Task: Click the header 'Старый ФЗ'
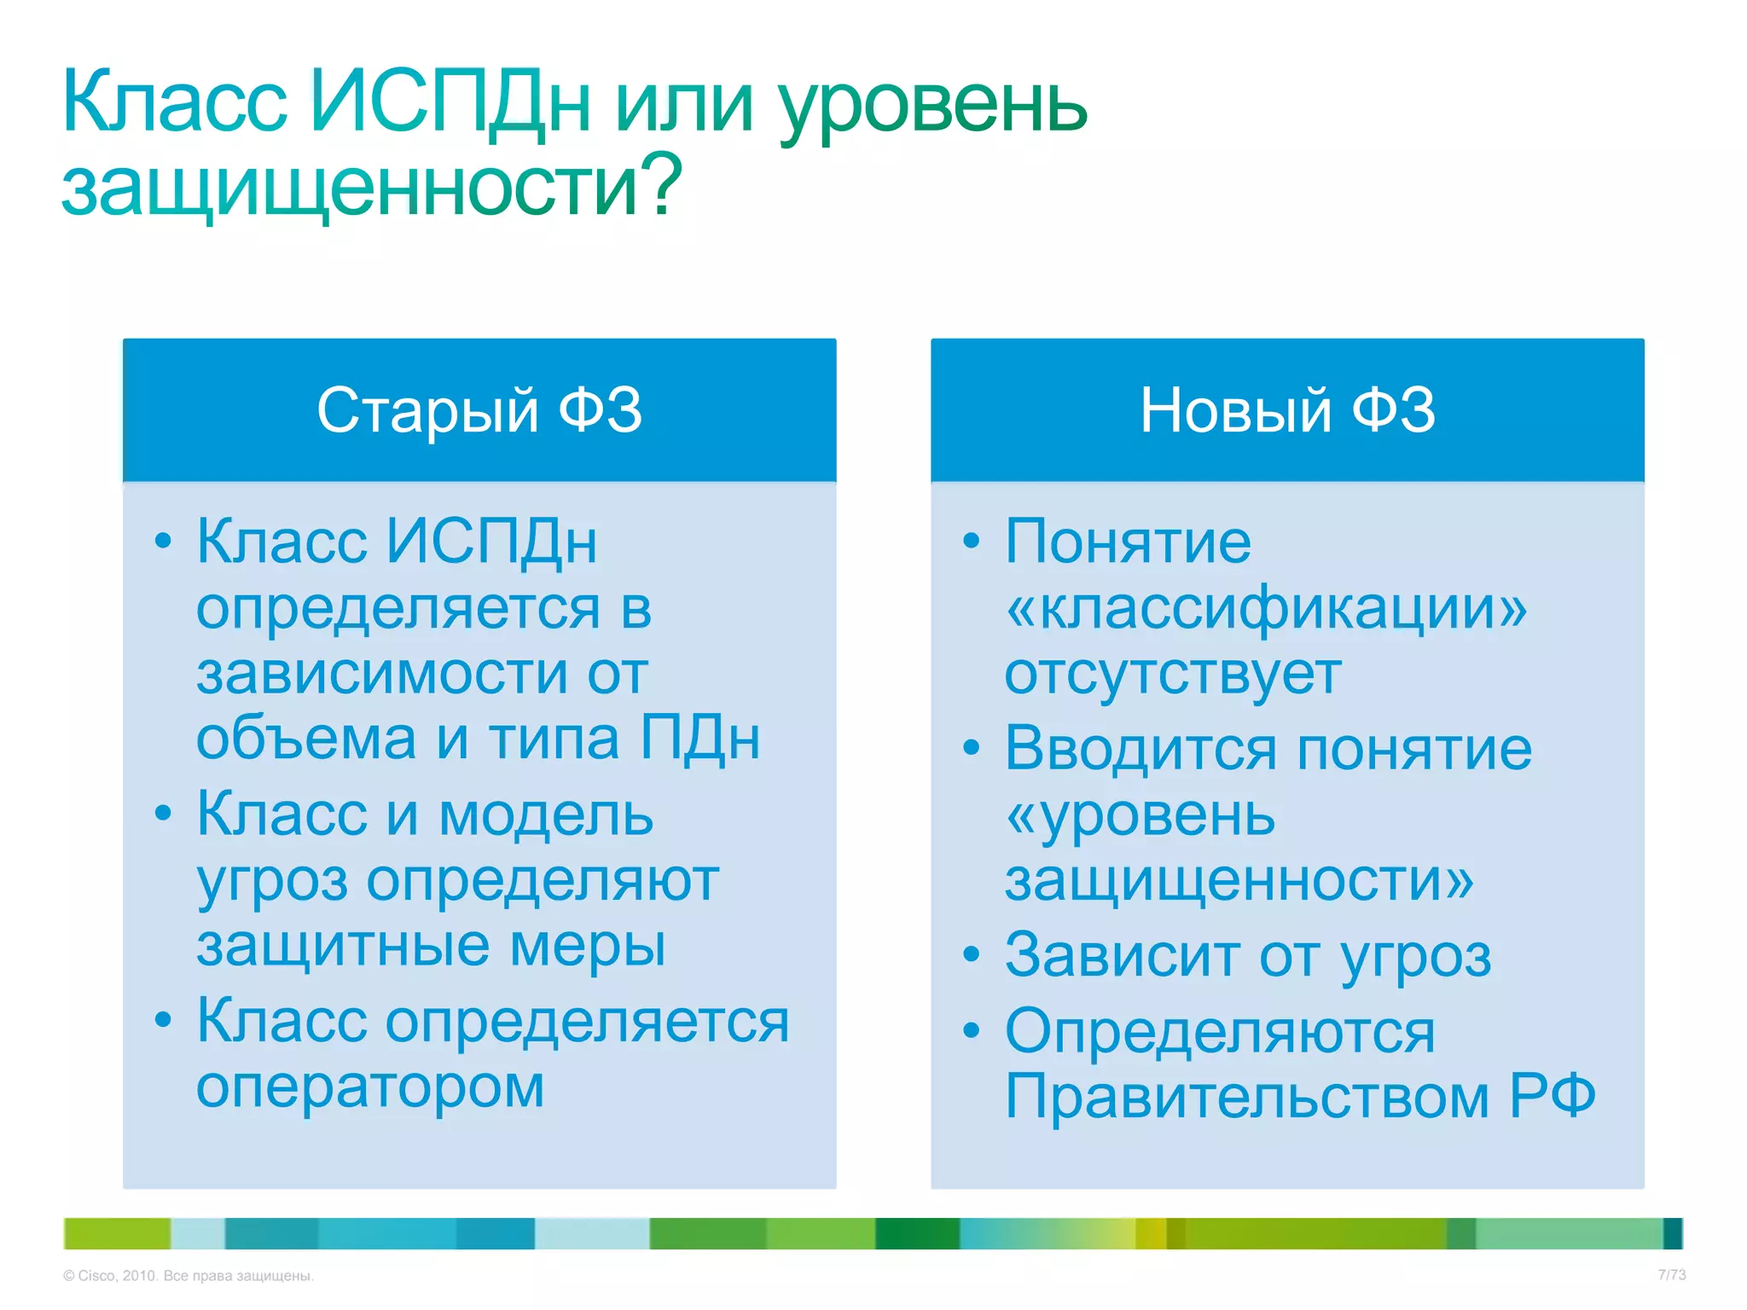[x=479, y=410]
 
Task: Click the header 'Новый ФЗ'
[x=1287, y=410]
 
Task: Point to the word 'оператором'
[x=370, y=1089]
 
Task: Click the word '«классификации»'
[x=1266, y=609]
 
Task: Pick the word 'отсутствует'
[x=1173, y=674]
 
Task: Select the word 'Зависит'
[x=1121, y=956]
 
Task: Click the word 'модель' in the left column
[x=546, y=815]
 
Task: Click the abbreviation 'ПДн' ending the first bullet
[x=699, y=739]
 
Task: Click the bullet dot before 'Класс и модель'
[x=163, y=814]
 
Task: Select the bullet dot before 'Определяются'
[x=971, y=1031]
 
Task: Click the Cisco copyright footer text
[x=189, y=1276]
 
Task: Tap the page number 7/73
[x=1671, y=1275]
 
